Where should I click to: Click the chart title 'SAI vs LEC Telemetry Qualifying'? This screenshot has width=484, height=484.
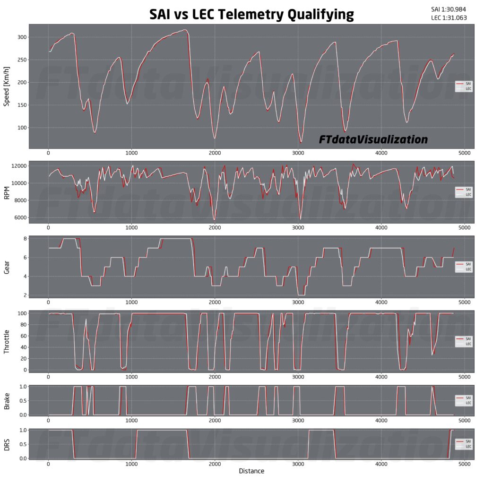coord(251,14)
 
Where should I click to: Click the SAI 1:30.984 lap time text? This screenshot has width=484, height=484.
coord(452,9)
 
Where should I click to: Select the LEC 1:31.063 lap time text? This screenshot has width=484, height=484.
coord(452,18)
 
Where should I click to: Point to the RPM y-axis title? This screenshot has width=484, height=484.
coord(7,192)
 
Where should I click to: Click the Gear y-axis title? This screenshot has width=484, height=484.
coord(7,267)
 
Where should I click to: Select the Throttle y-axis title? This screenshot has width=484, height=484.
coord(7,341)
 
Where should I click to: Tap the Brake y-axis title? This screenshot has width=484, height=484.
coord(7,400)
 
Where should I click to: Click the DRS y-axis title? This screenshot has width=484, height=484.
coord(7,444)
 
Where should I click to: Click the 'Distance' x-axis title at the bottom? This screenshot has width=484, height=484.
coord(251,471)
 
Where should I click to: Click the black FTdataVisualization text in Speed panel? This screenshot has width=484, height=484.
coord(373,139)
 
